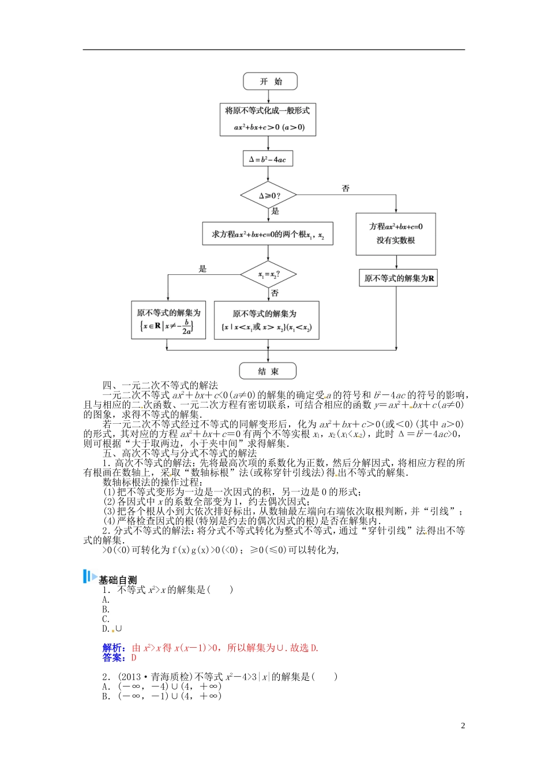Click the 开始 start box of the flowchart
tap(270, 81)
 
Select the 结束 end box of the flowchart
tap(268, 371)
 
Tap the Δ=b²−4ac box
tap(267, 159)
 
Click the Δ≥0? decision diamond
tap(268, 196)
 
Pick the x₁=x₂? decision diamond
tap(268, 274)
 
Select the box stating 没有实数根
tap(396, 234)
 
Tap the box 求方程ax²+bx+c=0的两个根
tap(268, 234)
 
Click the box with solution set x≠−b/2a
tap(168, 320)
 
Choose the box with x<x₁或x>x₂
tap(267, 320)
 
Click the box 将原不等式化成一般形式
tap(268, 120)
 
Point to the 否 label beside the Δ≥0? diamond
tap(346, 189)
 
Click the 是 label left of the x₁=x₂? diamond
tap(202, 268)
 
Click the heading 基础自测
tap(118, 580)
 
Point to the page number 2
tap(463, 726)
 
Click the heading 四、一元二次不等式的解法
tap(160, 385)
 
